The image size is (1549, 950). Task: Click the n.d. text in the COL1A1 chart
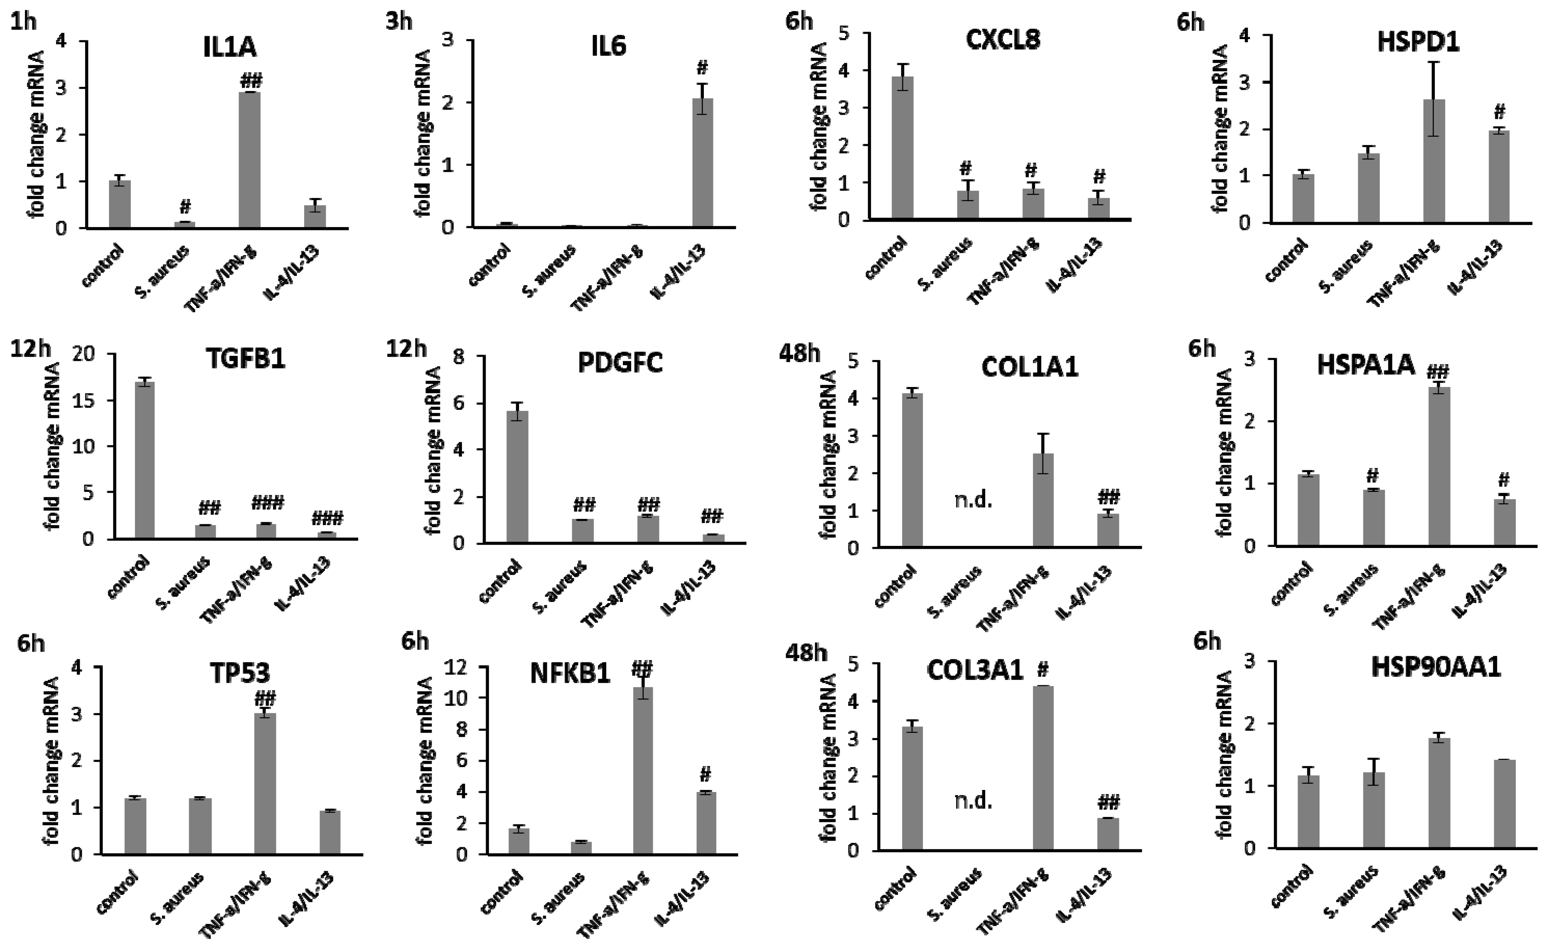point(973,501)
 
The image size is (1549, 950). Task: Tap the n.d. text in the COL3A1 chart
point(973,801)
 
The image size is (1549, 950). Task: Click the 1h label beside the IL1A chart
point(24,22)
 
